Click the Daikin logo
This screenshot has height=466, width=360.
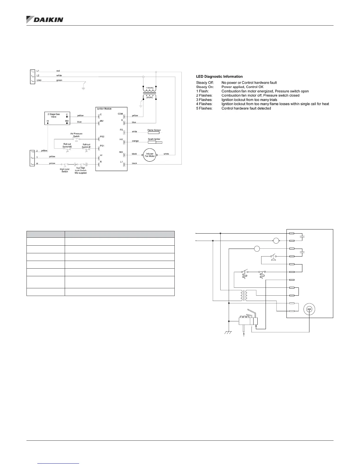pyautogui.click(x=45, y=19)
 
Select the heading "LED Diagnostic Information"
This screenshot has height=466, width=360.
pyautogui.click(x=219, y=76)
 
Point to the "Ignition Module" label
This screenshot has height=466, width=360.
pyautogui.click(x=104, y=109)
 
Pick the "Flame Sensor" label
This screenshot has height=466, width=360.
pyautogui.click(x=154, y=130)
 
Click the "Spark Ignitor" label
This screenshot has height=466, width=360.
pyautogui.click(x=154, y=139)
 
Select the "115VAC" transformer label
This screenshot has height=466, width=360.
pyautogui.click(x=150, y=88)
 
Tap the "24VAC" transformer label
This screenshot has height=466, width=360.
pyautogui.click(x=150, y=97)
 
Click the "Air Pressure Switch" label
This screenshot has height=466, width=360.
pyautogui.click(x=76, y=135)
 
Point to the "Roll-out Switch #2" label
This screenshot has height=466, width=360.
pyautogui.click(x=67, y=145)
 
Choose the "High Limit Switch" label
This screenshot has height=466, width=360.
pyautogui.click(x=65, y=170)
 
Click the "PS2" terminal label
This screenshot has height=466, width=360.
pyautogui.click(x=102, y=137)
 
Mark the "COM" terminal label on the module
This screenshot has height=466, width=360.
pyautogui.click(x=120, y=114)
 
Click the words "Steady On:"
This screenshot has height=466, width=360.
pyautogui.click(x=205, y=87)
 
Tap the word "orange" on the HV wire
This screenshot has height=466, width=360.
pyautogui.click(x=135, y=141)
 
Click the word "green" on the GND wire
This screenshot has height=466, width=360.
pyautogui.click(x=59, y=80)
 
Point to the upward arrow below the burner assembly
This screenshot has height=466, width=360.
pyautogui.click(x=244, y=335)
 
